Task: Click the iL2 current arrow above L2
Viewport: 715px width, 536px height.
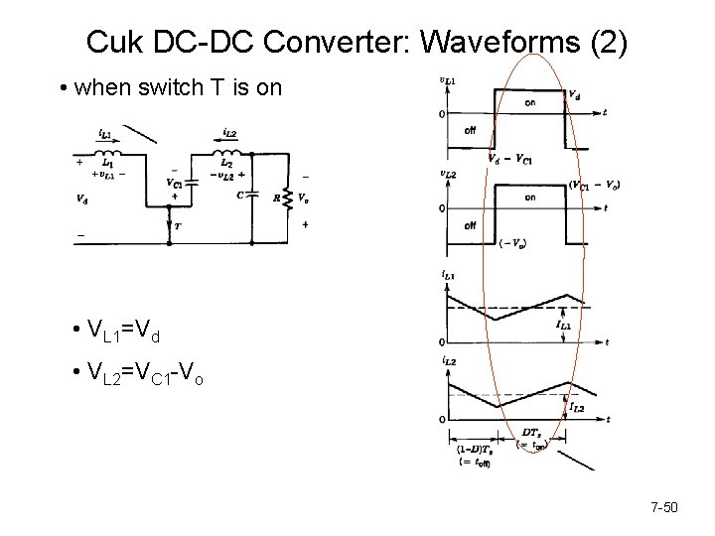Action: tap(221, 140)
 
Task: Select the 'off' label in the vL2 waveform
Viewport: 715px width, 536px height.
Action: tap(470, 224)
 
